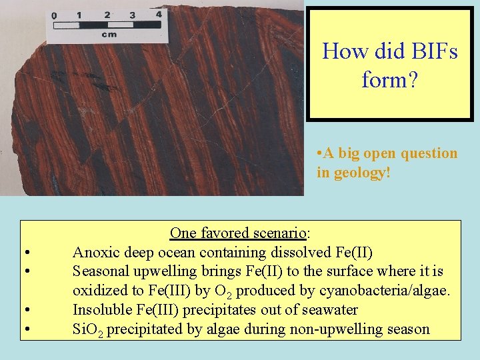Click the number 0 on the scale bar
point(54,16)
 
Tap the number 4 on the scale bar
point(158,13)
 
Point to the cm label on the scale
point(109,34)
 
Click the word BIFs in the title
point(433,51)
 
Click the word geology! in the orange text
point(359,173)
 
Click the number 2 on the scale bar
point(106,14)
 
